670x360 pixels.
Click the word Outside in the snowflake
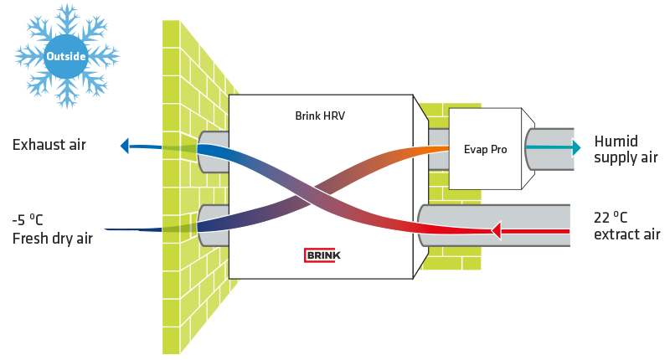coord(66,56)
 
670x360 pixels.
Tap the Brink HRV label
coord(320,116)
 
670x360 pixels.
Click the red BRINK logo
coord(322,255)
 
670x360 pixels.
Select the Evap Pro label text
coord(486,150)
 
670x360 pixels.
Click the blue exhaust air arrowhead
coord(124,146)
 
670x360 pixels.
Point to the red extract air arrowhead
coord(496,230)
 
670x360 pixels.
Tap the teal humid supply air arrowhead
coord(576,147)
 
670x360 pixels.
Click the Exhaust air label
coord(49,145)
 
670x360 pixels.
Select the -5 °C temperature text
coord(28,220)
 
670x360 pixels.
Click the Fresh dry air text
coord(53,239)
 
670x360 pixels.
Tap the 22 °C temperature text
coord(611,218)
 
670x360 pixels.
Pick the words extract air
coord(626,234)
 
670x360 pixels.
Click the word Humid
coord(616,141)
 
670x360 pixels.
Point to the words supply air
coord(626,157)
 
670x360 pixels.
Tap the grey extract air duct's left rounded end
coord(422,225)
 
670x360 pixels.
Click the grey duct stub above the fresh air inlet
coord(213,152)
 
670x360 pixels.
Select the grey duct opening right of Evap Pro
coord(549,150)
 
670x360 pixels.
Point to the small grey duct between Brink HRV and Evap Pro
coord(438,149)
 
